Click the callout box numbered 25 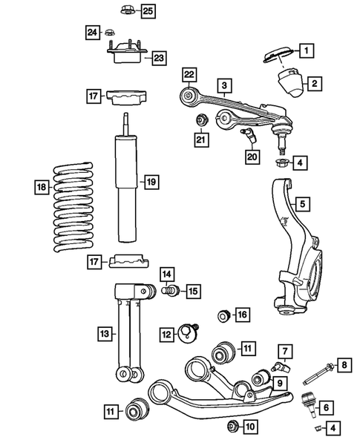148,10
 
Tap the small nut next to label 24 109,32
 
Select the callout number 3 222,86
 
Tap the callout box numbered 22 189,73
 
